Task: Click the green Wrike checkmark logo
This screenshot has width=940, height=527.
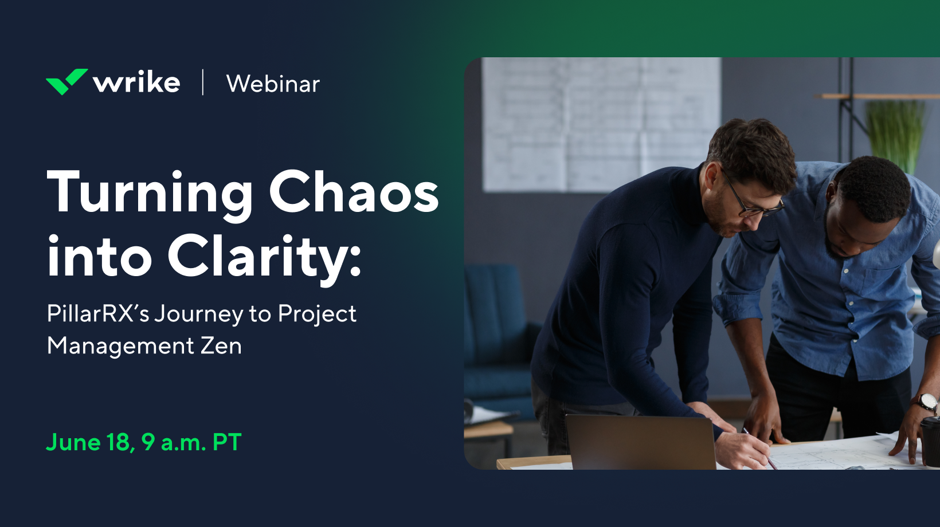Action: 66,81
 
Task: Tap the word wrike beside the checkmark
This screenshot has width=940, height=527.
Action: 137,82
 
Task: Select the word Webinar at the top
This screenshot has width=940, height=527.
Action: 273,84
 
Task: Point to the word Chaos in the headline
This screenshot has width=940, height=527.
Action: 354,192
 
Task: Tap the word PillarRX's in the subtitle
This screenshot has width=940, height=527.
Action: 98,313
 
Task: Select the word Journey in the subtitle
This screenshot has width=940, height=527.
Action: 199,314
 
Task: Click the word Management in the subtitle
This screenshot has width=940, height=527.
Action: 120,347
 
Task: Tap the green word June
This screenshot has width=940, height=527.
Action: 73,442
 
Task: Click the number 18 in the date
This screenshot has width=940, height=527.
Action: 119,442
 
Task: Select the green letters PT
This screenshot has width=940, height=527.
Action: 227,442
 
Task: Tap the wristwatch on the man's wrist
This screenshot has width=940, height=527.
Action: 926,402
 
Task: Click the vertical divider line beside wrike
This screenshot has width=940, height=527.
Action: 203,82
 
